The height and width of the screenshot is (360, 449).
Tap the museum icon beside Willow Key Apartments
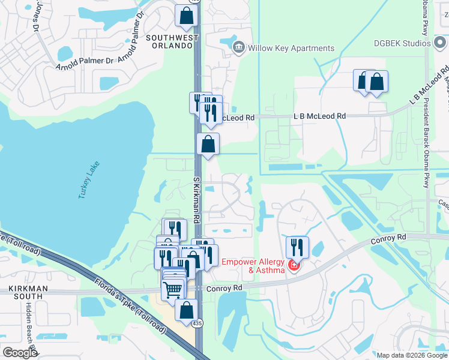coord(238,47)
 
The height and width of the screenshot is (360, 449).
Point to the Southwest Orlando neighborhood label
coord(172,43)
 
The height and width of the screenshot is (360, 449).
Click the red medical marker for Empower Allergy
coord(294,266)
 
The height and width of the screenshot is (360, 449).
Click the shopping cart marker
coord(173,290)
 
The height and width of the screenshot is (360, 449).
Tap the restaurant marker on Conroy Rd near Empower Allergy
coord(297,247)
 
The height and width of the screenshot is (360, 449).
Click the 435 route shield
coord(197,324)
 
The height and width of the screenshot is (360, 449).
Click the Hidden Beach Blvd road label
coord(29,327)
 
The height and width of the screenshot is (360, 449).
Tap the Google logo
coord(19,353)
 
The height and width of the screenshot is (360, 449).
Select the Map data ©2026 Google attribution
coord(411,355)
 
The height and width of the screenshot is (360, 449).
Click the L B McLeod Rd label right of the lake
coord(319,116)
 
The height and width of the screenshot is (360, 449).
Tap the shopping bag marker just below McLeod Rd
coord(208,144)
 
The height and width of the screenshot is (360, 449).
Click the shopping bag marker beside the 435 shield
coord(187,310)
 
